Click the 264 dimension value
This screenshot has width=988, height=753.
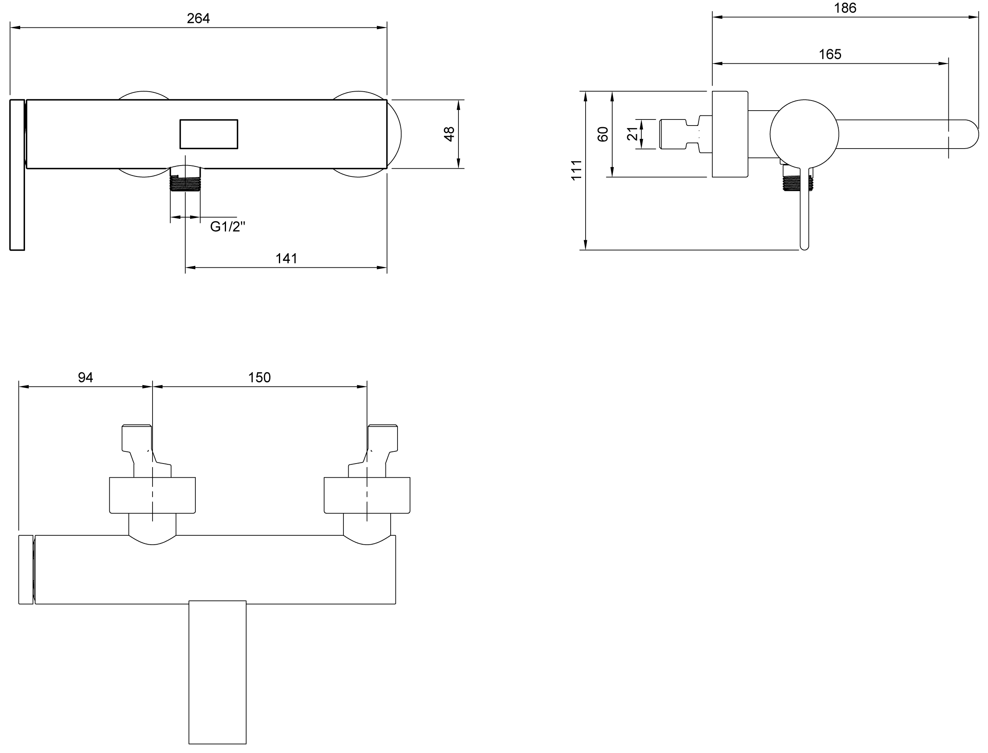point(199,19)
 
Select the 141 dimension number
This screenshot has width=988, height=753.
point(286,259)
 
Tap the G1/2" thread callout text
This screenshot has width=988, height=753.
point(228,227)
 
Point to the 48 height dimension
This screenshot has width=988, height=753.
point(449,134)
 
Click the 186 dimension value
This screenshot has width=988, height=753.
point(845,8)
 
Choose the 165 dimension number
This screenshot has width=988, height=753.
point(830,54)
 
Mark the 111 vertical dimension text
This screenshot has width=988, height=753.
point(576,170)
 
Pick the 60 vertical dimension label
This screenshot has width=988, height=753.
point(603,134)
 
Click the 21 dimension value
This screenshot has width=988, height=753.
point(632,134)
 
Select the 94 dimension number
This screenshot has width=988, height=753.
point(86,378)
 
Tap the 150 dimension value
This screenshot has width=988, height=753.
point(260,378)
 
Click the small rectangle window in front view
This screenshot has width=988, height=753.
point(209,134)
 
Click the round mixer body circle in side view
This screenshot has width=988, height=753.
point(804,134)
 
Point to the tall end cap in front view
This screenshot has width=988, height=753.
point(17,175)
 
